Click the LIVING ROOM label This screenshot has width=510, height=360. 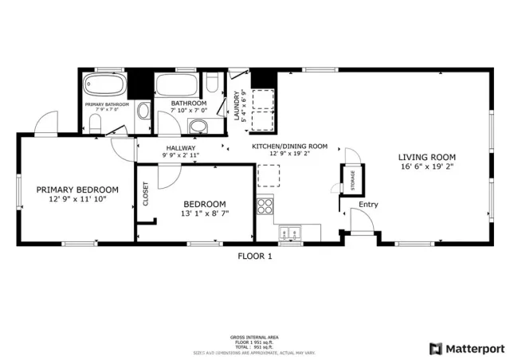[x=426, y=157]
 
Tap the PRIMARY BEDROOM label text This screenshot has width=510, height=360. [x=77, y=190]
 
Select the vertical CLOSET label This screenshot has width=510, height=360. [x=146, y=194]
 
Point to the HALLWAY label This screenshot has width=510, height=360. [x=181, y=148]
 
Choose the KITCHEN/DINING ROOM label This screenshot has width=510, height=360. [x=289, y=147]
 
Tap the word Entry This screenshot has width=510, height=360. [x=368, y=205]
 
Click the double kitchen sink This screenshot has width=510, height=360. [x=291, y=233]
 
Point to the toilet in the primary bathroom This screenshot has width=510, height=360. [x=94, y=122]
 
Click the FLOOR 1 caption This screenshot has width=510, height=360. [x=255, y=256]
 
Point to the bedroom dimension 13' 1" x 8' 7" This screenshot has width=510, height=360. [x=205, y=213]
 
